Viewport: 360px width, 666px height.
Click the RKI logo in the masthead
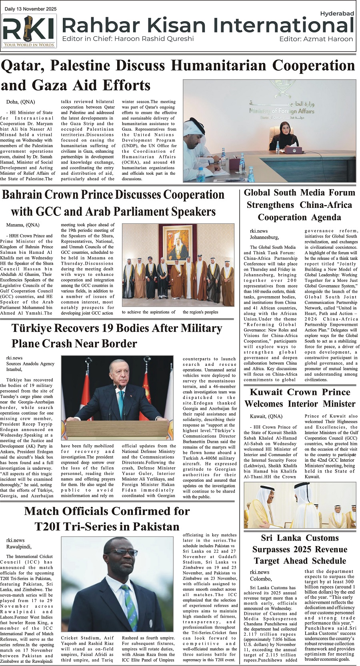[29, 31]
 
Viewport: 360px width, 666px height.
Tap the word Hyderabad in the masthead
[337, 14]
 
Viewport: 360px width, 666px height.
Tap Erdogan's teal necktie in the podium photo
[120, 404]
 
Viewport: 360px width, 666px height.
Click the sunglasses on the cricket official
[115, 552]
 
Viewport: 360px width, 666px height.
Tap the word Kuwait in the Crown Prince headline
[266, 393]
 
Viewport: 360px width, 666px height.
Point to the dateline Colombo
[261, 579]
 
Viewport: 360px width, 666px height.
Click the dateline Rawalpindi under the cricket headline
[19, 547]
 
